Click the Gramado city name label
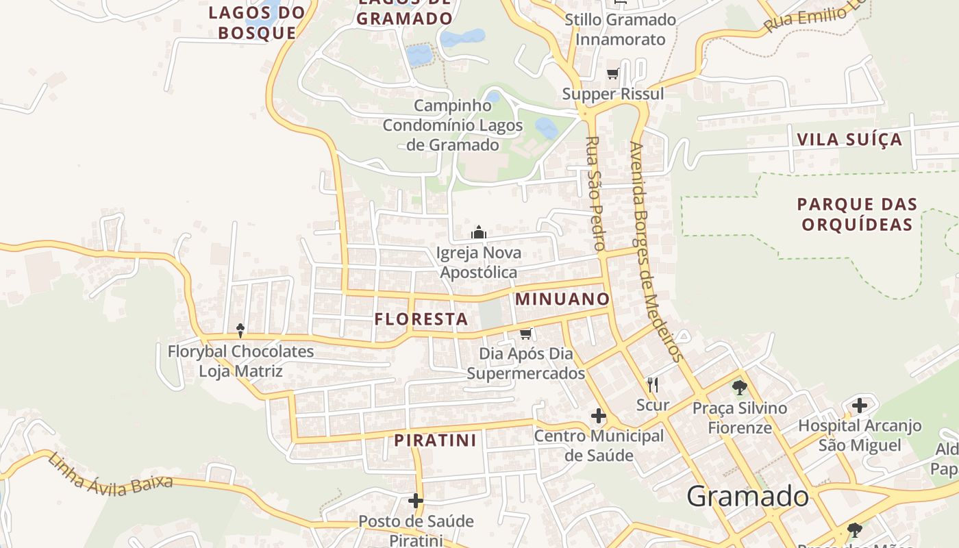747,496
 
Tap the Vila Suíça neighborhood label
849,140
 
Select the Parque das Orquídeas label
857,214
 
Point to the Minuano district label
562,299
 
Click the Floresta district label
421,319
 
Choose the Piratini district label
435,440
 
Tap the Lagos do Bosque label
257,22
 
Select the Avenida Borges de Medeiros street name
656,251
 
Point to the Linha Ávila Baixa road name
110,473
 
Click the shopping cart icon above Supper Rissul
612,74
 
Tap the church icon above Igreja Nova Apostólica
479,233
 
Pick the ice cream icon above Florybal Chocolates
240,331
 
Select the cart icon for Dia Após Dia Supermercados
525,334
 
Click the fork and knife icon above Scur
652,385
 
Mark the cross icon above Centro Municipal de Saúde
599,416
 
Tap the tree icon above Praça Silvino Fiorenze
739,388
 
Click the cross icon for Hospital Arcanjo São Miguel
859,406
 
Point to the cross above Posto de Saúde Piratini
416,501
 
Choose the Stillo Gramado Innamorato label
620,29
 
